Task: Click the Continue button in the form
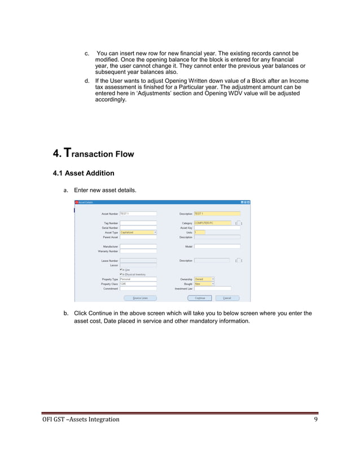(200, 297)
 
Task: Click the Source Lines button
(140, 297)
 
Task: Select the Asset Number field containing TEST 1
(138, 214)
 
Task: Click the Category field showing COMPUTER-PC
(212, 223)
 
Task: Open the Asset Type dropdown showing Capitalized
(138, 232)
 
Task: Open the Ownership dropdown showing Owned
(204, 279)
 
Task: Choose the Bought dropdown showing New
(204, 284)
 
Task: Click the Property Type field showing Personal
(138, 279)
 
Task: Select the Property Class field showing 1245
(138, 284)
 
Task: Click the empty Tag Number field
(138, 223)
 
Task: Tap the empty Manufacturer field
(138, 246)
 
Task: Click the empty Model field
(217, 246)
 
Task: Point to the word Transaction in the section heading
(98, 153)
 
